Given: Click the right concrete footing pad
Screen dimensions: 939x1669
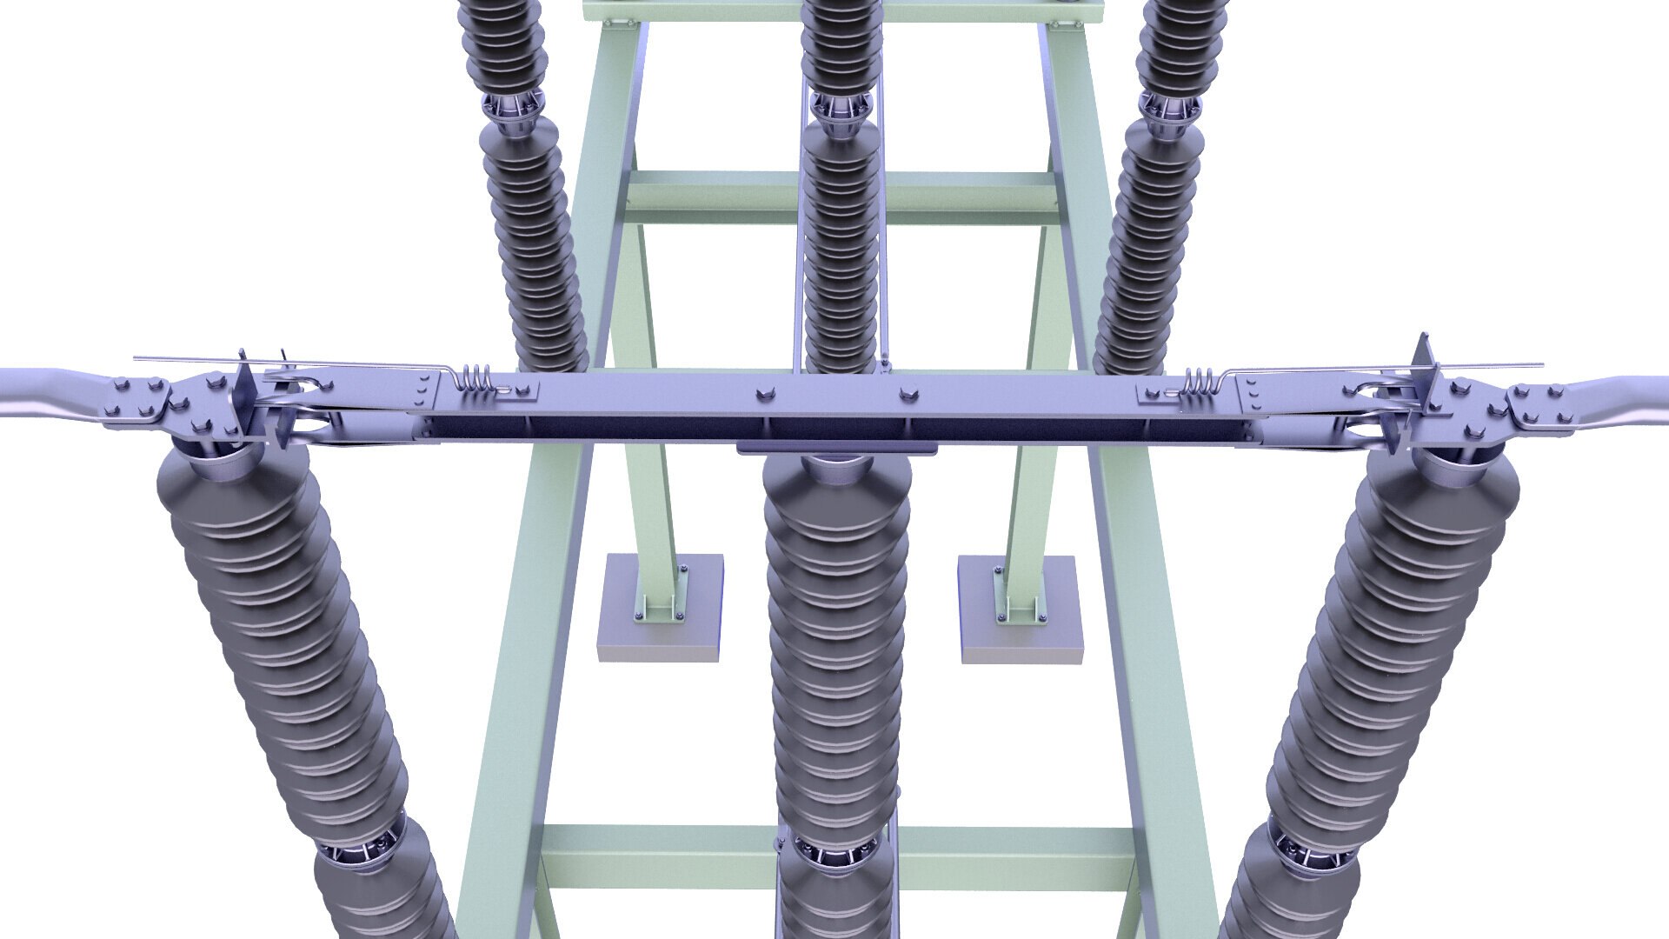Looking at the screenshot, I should (1021, 609).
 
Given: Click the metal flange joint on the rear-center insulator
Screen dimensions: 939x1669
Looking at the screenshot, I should (840, 109).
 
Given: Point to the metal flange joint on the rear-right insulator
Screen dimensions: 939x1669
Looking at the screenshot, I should (1169, 109).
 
